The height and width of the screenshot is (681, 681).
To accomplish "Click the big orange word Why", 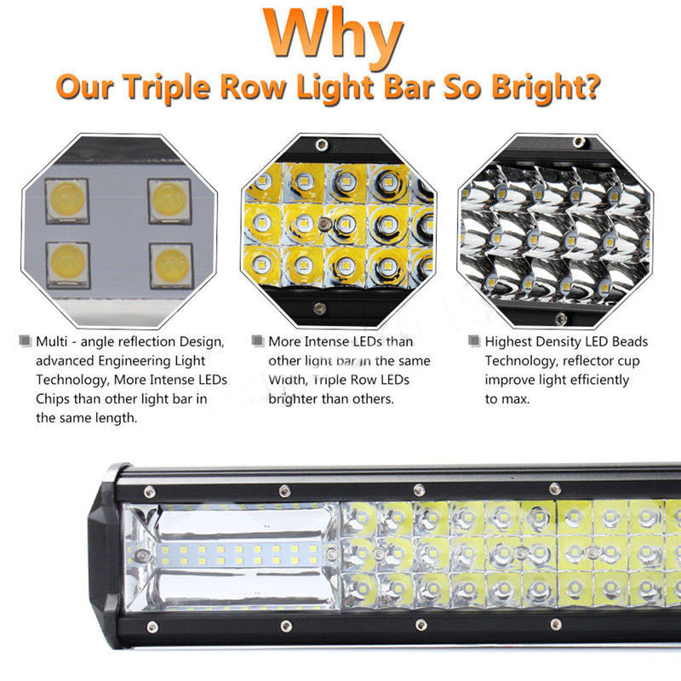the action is click(334, 36).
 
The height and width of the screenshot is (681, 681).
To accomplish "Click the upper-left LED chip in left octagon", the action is click(67, 201).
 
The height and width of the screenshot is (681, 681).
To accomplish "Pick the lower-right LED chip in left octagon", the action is click(172, 266).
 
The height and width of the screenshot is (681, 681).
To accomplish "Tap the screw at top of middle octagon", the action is click(322, 145).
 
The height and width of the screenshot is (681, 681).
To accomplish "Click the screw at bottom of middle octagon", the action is click(320, 309).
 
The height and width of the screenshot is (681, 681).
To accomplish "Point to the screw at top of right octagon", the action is click(579, 141).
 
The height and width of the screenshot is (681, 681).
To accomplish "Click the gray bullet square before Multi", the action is click(26, 341).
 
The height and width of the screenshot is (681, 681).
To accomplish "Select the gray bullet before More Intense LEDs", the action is click(258, 341).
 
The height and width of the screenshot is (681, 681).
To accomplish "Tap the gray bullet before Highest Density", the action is click(474, 341).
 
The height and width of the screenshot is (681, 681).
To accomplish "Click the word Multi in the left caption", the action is click(51, 342).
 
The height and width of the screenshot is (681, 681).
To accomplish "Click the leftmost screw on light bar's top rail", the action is click(150, 492).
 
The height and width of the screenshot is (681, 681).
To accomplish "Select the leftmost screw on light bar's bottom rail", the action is click(152, 627).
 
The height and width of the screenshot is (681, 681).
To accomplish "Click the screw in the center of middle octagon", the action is click(324, 225).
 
